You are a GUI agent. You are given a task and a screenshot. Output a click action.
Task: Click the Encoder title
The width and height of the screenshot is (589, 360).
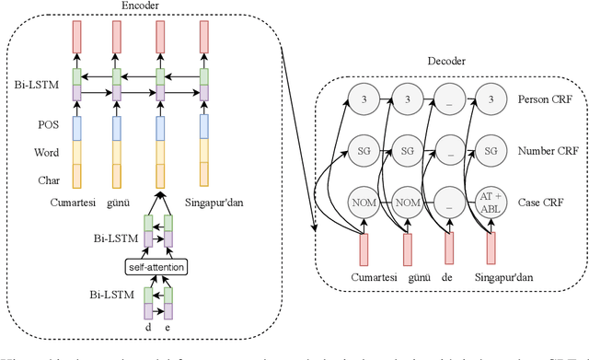click(x=140, y=6)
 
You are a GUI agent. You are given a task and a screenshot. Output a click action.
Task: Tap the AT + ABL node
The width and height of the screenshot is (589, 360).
click(x=492, y=201)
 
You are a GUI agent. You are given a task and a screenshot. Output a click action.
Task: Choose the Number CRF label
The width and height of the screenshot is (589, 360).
click(x=546, y=148)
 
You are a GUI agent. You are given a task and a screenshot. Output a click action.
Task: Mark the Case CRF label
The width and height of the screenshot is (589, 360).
click(x=540, y=201)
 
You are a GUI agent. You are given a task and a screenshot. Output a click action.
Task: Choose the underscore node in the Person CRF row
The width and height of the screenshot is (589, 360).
click(x=448, y=99)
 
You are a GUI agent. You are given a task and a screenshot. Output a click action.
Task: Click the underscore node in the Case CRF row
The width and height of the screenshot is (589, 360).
click(x=448, y=201)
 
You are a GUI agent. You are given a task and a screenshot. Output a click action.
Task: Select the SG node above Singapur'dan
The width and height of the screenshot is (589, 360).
click(x=492, y=148)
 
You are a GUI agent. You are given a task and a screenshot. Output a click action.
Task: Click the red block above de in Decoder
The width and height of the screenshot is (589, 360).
click(x=448, y=247)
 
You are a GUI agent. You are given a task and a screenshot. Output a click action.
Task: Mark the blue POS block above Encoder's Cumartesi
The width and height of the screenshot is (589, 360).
click(x=76, y=128)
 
